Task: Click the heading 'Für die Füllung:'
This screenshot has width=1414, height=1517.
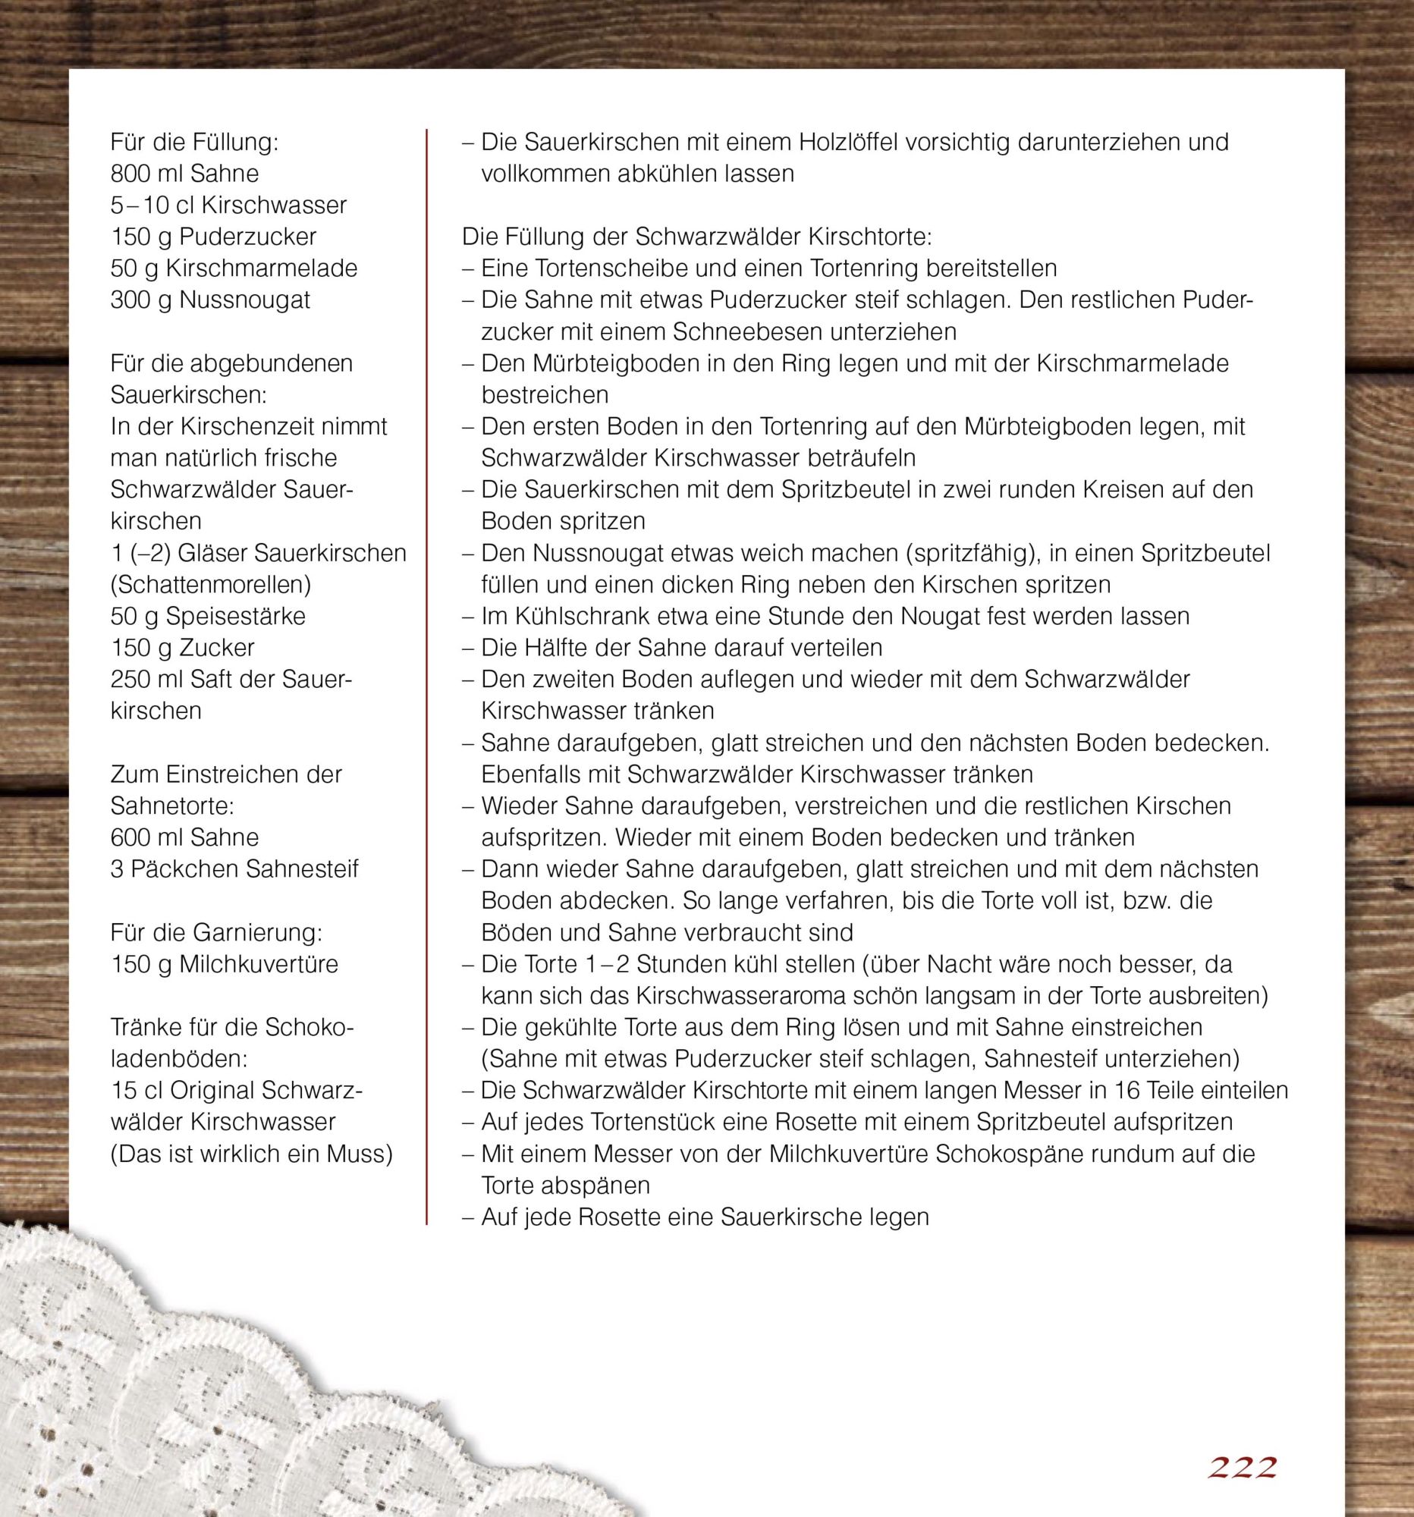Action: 194,142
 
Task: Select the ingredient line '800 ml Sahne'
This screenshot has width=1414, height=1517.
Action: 184,173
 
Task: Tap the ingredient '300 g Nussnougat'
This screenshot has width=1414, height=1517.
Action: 210,300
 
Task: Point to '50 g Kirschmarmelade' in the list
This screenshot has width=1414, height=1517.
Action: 234,268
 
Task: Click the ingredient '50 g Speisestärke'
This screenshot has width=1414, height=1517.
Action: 208,616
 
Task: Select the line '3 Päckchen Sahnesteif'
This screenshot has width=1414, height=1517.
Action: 234,869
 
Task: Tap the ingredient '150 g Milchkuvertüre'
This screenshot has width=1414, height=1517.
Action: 224,964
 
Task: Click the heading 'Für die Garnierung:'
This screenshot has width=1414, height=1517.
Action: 216,932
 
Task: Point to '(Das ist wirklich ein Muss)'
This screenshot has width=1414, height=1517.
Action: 251,1154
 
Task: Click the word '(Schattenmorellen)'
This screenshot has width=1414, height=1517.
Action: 211,585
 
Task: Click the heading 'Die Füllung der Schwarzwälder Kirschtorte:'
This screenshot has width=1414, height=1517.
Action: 696,237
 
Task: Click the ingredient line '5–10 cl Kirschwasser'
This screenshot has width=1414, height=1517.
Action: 228,206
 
